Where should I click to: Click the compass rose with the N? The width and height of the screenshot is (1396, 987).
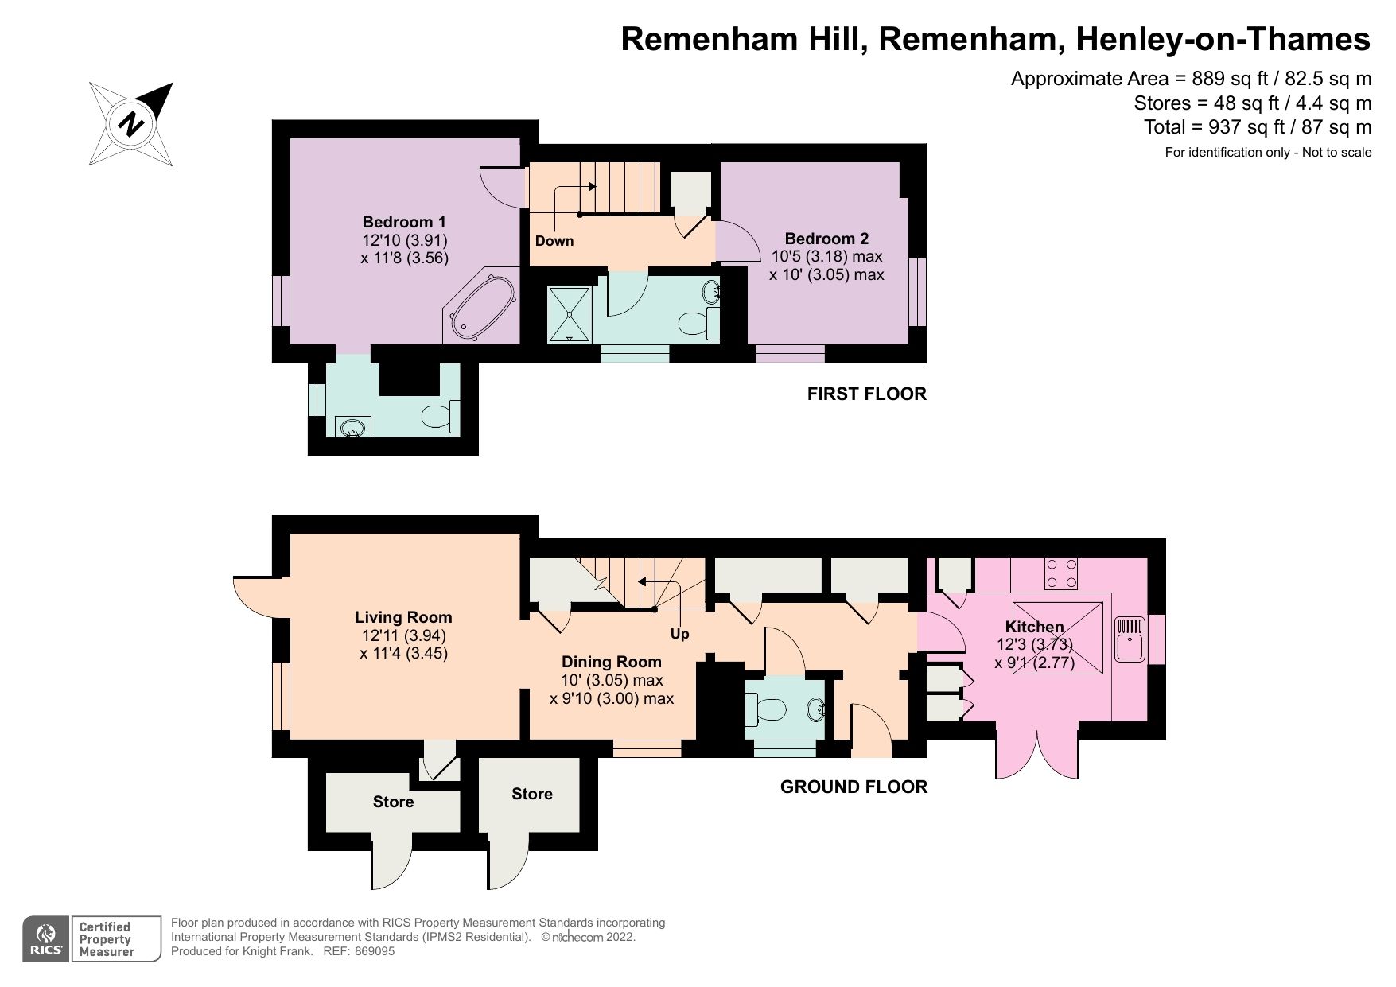point(131,124)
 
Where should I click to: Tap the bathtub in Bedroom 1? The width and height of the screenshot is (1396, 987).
point(481,308)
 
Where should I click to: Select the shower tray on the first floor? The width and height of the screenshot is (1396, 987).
point(570,315)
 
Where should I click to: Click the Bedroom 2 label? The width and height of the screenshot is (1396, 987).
point(826,239)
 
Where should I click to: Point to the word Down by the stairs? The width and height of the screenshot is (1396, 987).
point(554,241)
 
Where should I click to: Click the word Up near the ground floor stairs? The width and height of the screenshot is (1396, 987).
point(679,634)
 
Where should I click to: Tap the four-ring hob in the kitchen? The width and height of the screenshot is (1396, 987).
point(1061,573)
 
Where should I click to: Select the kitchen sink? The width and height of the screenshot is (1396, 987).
point(1129,639)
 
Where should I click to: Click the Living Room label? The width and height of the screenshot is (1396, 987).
point(403,617)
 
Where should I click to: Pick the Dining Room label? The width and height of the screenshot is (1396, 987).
point(611,662)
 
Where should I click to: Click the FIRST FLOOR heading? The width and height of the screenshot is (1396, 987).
point(866,394)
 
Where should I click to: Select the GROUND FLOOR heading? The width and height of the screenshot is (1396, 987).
point(854,787)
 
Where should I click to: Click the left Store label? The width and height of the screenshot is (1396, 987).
point(393,802)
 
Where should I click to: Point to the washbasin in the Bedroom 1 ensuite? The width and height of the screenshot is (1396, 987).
point(352,428)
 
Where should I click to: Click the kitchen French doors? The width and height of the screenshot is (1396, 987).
point(1037,752)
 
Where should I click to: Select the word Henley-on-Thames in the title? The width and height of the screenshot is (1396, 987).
point(1223,39)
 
